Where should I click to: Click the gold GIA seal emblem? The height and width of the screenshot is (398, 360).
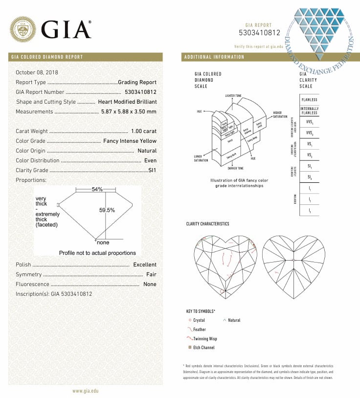tap(23, 29)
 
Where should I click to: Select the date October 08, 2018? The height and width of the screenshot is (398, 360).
tap(37, 72)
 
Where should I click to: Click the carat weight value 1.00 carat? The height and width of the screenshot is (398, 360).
tap(144, 131)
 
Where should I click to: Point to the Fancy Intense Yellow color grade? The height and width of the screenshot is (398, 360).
tap(130, 141)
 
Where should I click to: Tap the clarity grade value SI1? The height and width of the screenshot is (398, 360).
tap(152, 170)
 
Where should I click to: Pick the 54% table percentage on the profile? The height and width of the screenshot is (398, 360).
tap(97, 189)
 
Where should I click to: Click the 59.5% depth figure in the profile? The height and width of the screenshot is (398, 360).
tap(107, 210)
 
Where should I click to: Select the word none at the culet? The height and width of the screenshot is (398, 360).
tap(103, 243)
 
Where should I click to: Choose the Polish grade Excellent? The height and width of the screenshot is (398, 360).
tap(145, 265)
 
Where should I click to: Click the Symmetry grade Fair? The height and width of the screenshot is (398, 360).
tap(151, 274)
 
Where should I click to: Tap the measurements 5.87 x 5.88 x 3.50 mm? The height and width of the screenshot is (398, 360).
tap(129, 111)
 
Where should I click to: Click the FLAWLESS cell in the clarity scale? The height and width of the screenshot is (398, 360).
tap(309, 99)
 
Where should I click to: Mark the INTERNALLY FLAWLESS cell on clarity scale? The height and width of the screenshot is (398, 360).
tap(309, 111)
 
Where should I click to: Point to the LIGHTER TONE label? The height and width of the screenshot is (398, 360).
tap(233, 95)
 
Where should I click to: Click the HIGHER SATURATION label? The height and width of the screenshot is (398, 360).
tap(280, 115)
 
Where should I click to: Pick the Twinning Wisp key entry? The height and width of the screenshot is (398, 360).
tap(205, 338)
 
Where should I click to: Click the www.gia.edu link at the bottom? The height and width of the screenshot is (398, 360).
tap(85, 391)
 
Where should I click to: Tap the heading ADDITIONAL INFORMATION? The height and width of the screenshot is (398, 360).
tap(214, 57)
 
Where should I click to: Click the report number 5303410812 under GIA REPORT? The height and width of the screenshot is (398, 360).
tap(259, 33)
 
